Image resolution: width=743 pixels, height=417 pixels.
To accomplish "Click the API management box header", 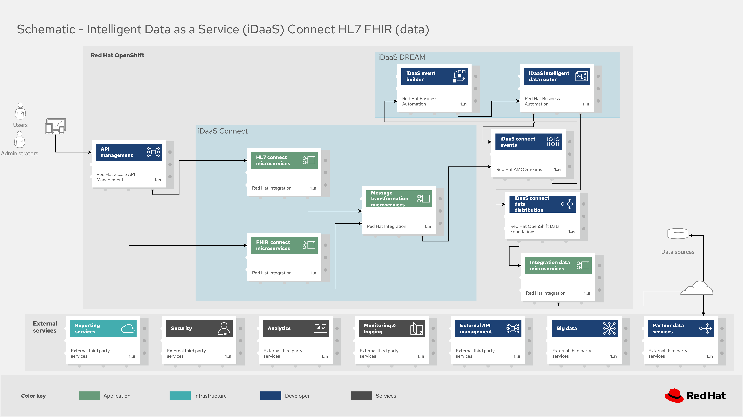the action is pyautogui.click(x=129, y=152).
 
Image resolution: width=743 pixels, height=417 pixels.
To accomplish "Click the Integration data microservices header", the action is pyautogui.click(x=558, y=265).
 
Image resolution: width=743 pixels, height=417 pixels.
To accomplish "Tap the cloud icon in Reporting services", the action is pyautogui.click(x=128, y=329).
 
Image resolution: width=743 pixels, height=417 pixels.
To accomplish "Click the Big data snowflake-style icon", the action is pyautogui.click(x=609, y=329).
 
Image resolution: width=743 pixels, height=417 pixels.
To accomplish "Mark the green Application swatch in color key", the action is pyautogui.click(x=89, y=396).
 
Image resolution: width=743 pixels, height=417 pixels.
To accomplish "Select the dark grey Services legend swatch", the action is pyautogui.click(x=361, y=396).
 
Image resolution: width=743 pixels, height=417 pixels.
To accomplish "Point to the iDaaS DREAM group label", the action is pyautogui.click(x=402, y=57).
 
